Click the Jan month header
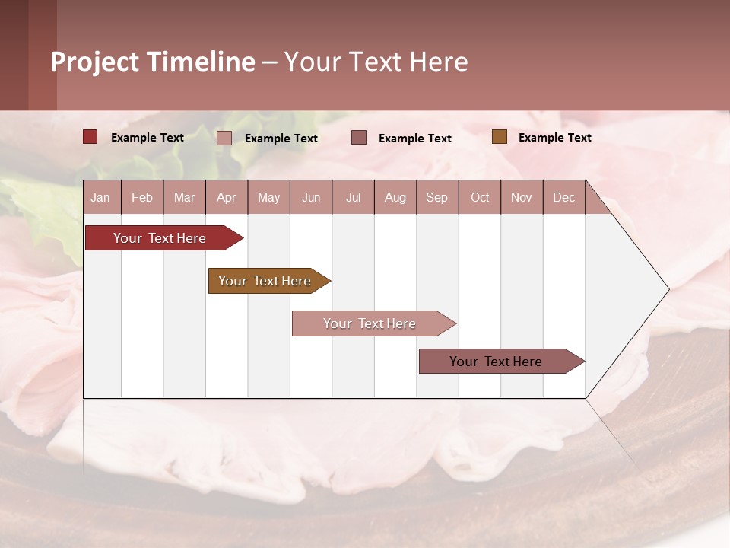(101, 197)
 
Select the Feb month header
(142, 197)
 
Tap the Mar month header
(184, 197)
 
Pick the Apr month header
(227, 197)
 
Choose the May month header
(268, 197)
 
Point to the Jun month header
(311, 197)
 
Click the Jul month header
(353, 197)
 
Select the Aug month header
(395, 197)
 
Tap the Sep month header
(437, 197)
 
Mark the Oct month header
(480, 197)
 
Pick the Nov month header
(522, 197)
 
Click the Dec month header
(564, 197)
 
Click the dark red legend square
(90, 137)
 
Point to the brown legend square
(499, 137)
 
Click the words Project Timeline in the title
(153, 62)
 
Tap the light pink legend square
(224, 138)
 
